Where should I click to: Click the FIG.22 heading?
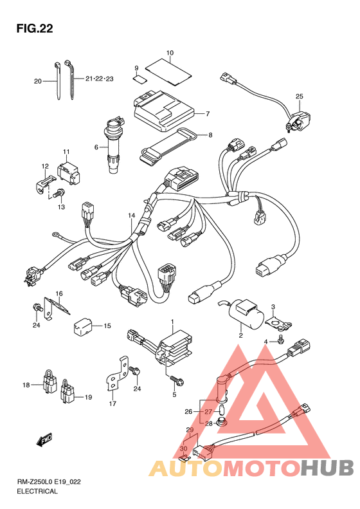pyautogui.click(x=35, y=28)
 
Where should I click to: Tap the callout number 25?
pyautogui.click(x=299, y=96)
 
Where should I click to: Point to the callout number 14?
pyautogui.click(x=131, y=215)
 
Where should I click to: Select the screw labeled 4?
pyautogui.click(x=280, y=339)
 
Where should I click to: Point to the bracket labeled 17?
pyautogui.click(x=117, y=374)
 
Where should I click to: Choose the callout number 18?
pyautogui.click(x=26, y=385)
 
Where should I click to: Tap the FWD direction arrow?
pyautogui.click(x=44, y=439)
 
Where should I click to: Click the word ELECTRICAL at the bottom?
pyautogui.click(x=37, y=491)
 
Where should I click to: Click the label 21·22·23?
pyautogui.click(x=99, y=79)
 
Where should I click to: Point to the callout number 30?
pyautogui.click(x=184, y=449)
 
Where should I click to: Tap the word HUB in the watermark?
pyautogui.click(x=327, y=468)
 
